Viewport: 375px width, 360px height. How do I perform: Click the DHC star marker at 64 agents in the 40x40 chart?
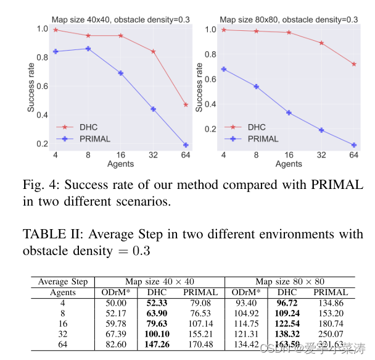[186, 105]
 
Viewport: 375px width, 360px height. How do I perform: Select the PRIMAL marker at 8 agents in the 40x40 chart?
[88, 49]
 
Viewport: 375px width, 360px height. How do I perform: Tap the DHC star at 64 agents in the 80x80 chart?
[353, 64]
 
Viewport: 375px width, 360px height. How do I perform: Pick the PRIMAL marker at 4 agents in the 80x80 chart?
[223, 69]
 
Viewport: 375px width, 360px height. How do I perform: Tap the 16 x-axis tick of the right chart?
[289, 156]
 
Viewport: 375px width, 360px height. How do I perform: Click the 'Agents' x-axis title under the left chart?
[120, 164]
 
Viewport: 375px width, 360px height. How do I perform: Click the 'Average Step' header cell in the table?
[62, 282]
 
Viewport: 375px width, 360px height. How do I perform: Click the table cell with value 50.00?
[116, 303]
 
